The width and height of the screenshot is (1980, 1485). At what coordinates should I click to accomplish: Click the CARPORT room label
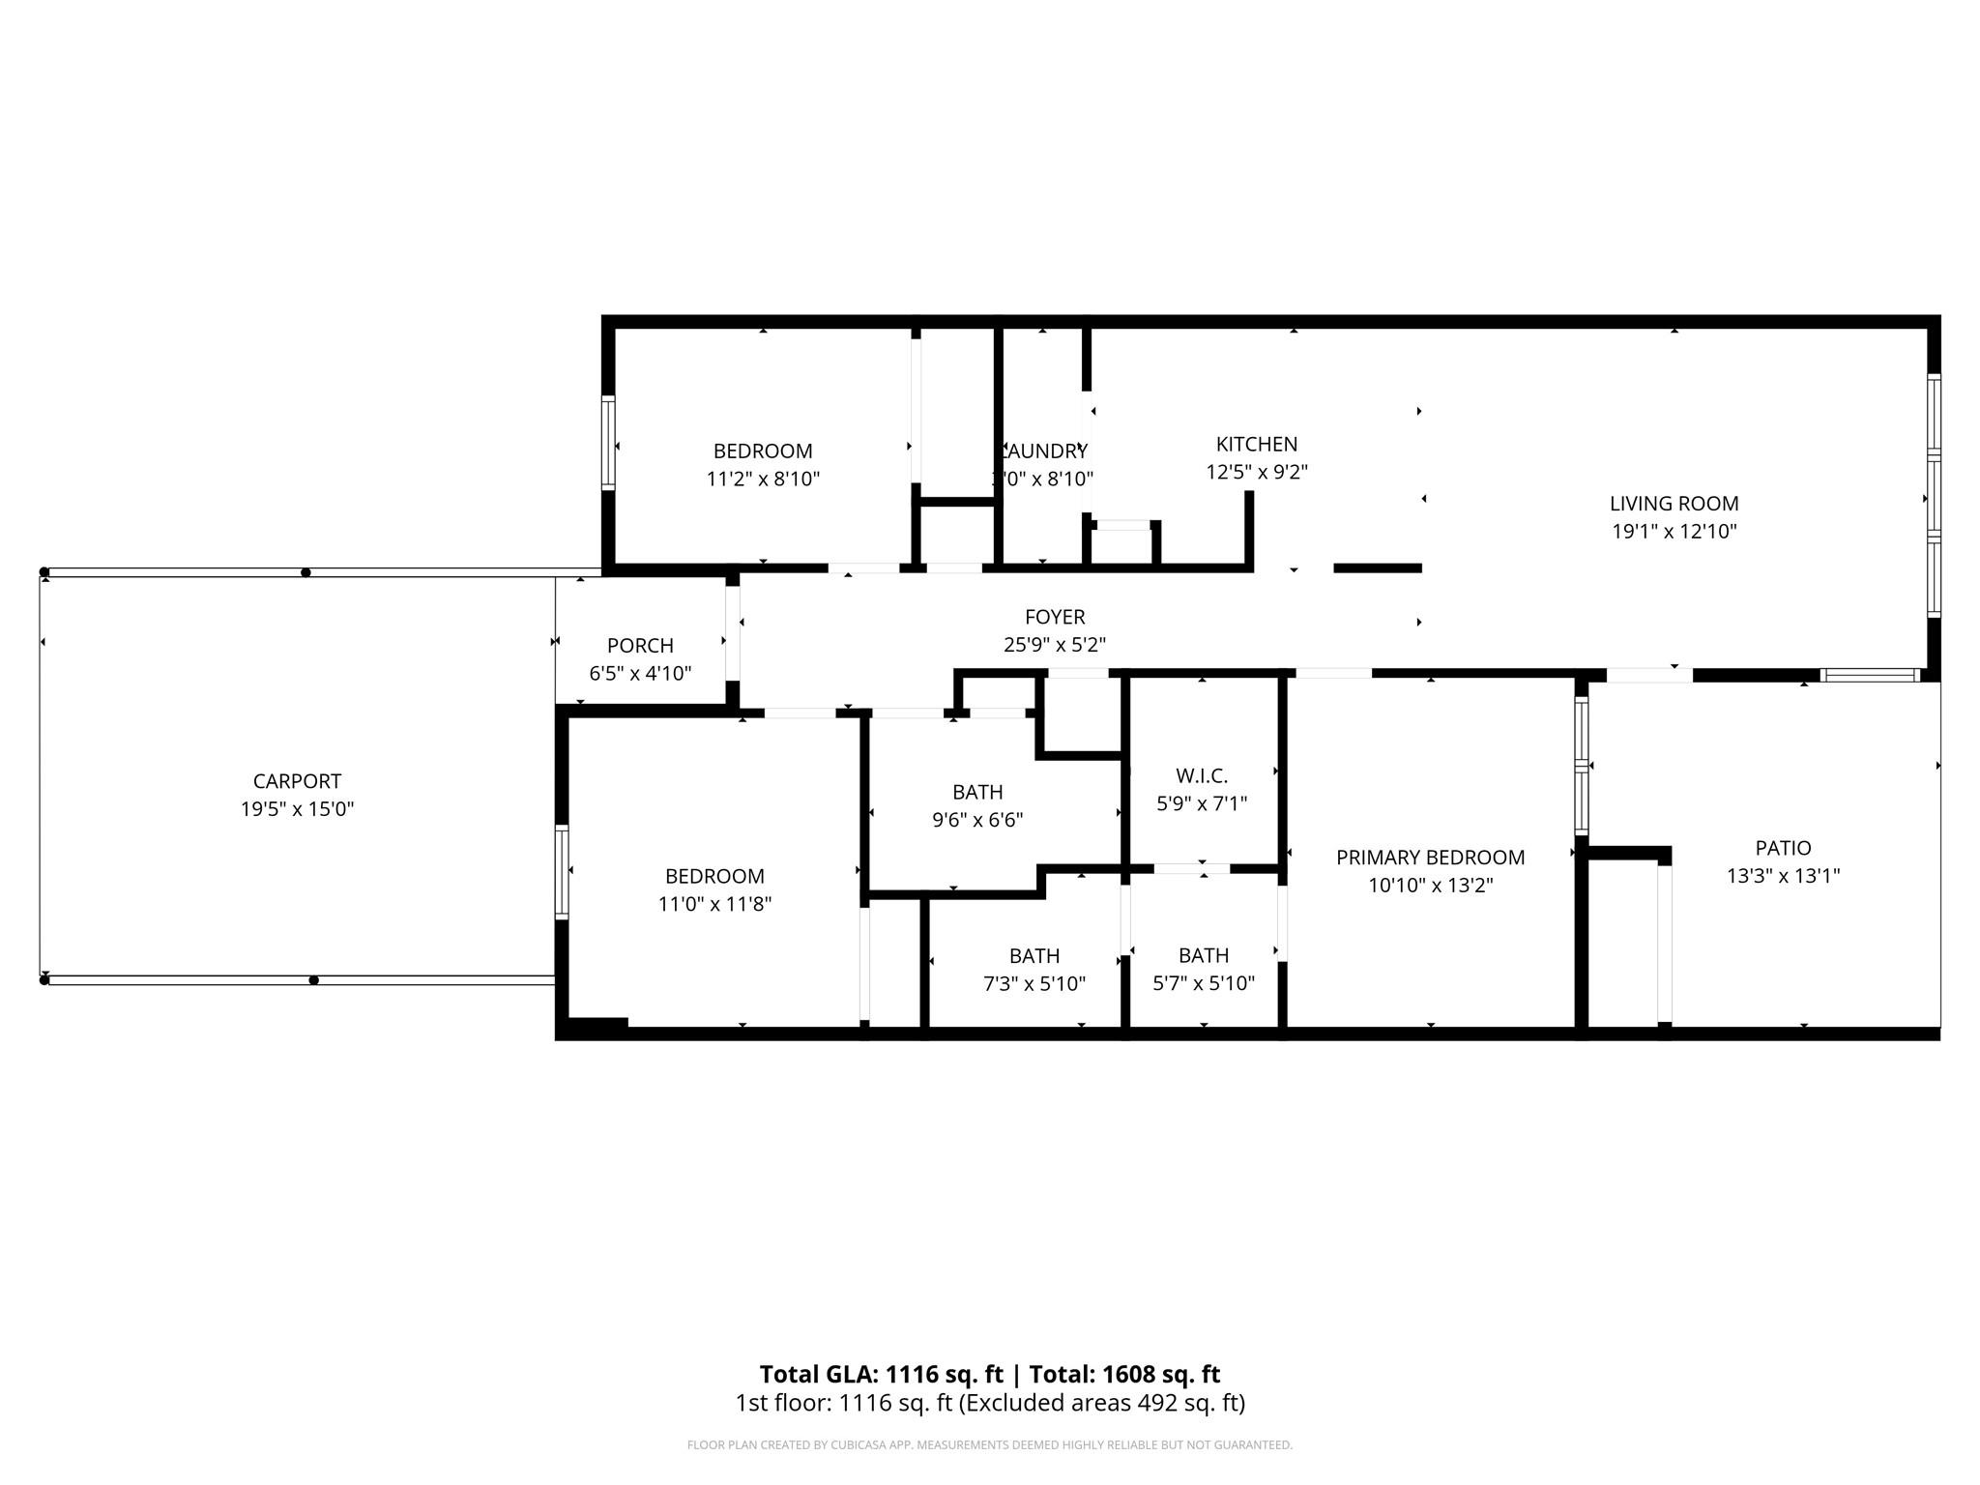[x=297, y=781]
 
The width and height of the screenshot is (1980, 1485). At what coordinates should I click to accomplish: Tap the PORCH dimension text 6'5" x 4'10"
[x=640, y=674]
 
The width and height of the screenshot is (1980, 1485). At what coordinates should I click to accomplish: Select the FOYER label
[x=1055, y=617]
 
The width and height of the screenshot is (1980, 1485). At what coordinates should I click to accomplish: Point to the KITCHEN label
[x=1256, y=445]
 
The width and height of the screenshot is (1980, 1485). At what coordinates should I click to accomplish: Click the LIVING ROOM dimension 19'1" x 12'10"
[x=1674, y=532]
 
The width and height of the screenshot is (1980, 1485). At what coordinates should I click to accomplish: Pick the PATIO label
[x=1783, y=848]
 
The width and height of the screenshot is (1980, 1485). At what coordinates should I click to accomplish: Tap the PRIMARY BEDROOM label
[x=1430, y=858]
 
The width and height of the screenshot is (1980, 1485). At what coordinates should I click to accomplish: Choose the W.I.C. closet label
[x=1202, y=775]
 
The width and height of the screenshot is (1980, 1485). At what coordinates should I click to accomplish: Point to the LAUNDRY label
[x=1044, y=451]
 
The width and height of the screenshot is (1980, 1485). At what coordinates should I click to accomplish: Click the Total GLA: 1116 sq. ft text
[x=881, y=1374]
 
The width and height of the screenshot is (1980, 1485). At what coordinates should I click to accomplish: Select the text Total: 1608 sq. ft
[x=1124, y=1374]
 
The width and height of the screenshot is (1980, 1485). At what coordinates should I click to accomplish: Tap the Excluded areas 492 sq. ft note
[x=1101, y=1403]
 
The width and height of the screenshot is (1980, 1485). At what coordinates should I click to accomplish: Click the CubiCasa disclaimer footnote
[x=989, y=1445]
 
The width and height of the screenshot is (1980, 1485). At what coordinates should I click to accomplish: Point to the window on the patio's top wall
[x=1869, y=675]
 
